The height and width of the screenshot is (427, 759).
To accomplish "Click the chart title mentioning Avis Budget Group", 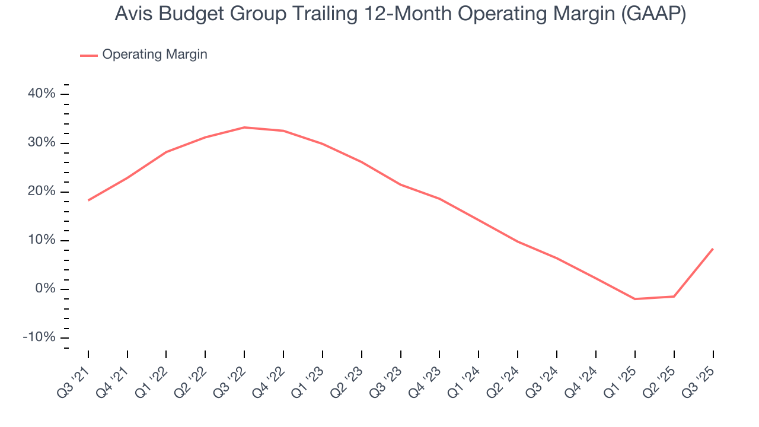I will tap(400, 15).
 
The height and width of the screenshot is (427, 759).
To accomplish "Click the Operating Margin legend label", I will tap(155, 55).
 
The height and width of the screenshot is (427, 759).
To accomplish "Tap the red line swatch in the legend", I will tap(89, 55).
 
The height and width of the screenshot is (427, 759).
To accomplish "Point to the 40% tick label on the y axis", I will tap(41, 94).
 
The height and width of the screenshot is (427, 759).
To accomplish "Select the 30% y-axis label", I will tap(41, 143).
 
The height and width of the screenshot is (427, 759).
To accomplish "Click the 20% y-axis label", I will tap(41, 192).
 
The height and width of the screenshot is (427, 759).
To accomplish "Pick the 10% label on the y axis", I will tap(41, 240).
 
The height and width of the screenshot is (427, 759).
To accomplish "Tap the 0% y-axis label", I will tap(44, 289).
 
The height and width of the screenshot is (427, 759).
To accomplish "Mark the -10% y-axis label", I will tap(39, 337).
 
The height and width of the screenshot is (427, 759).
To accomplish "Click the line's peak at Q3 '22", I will tap(244, 127).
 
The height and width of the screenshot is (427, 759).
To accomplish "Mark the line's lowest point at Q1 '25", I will tap(634, 299).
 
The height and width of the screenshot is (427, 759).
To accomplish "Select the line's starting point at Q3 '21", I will tap(88, 200).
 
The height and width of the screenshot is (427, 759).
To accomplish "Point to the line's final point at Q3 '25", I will tap(713, 249).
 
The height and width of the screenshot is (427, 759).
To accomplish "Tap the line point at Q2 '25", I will tap(674, 297).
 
